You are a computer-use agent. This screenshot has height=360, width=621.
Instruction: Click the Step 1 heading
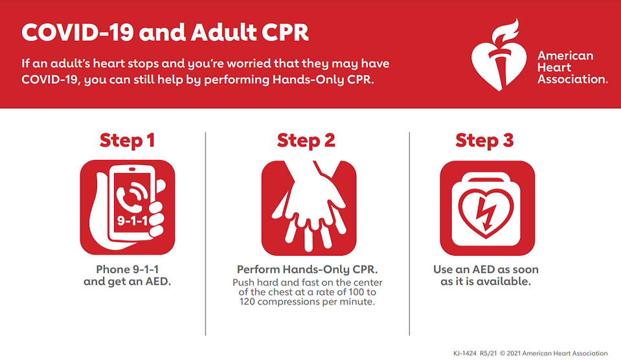pyautogui.click(x=127, y=141)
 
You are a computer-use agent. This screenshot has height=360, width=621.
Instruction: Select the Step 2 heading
pyautogui.click(x=306, y=141)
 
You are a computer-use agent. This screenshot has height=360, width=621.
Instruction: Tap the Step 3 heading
pyautogui.click(x=484, y=141)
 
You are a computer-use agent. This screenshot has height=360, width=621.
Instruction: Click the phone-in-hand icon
pyautogui.click(x=128, y=207)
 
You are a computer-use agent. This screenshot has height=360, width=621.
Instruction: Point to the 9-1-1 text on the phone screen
pyautogui.click(x=132, y=220)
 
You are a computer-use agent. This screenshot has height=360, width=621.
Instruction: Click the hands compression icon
pyautogui.click(x=309, y=208)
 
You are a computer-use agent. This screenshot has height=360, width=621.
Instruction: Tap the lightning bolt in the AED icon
pyautogui.click(x=486, y=214)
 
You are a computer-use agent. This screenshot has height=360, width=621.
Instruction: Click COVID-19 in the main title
pyautogui.click(x=78, y=32)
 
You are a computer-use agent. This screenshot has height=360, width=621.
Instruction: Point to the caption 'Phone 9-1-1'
pyautogui.click(x=127, y=269)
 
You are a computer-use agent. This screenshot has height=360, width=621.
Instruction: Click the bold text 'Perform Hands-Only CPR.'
pyautogui.click(x=308, y=269)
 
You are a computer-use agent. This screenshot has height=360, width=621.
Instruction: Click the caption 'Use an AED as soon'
pyautogui.click(x=486, y=269)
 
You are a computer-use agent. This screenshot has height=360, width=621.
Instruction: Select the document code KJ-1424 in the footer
pyautogui.click(x=465, y=354)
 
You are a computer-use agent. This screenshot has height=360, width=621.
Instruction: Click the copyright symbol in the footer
pyautogui.click(x=502, y=354)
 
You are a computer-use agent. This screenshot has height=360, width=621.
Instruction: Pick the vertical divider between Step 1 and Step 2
pyautogui.click(x=205, y=234)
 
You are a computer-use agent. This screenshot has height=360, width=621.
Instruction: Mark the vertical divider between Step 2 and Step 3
pyautogui.click(x=409, y=234)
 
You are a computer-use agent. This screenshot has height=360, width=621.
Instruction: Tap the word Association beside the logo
pyautogui.click(x=572, y=79)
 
